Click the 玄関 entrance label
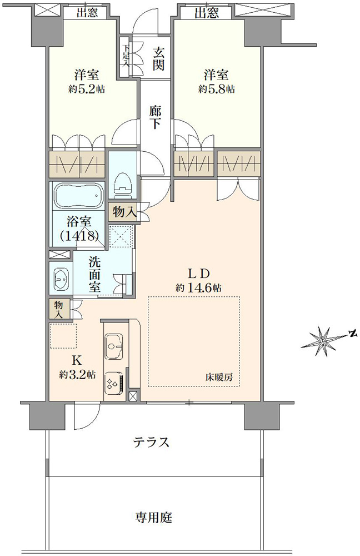158,59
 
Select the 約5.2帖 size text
87,88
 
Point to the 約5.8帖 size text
216,88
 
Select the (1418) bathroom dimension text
79,235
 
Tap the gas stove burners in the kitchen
114,383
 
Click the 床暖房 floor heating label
219,378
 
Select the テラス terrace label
151,442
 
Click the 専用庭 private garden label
153,518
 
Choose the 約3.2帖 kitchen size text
77,375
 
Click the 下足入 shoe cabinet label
126,55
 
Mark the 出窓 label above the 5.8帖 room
207,13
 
